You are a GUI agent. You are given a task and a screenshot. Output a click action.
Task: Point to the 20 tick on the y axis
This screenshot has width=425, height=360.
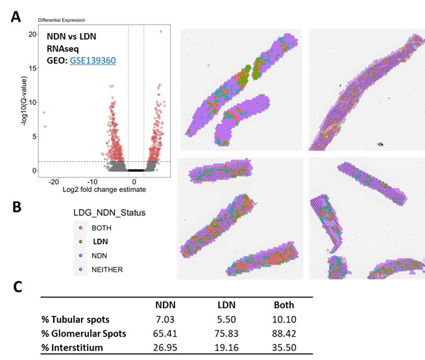32,34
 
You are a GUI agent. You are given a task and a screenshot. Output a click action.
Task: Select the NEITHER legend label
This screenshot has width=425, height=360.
106,267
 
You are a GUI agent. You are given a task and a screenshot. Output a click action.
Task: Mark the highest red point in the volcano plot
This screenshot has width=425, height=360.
161,30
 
